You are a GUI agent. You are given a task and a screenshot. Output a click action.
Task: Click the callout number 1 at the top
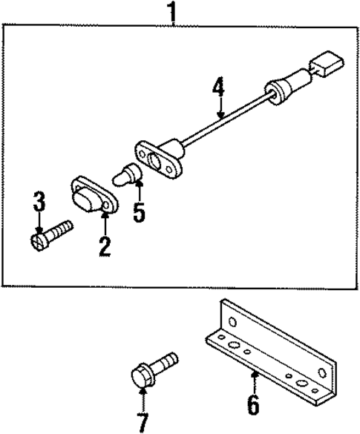[173, 12]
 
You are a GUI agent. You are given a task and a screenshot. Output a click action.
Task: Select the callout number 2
[105, 246]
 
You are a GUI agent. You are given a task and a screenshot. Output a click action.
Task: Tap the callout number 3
[39, 201]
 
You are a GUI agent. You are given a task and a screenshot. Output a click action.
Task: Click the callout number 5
[140, 212]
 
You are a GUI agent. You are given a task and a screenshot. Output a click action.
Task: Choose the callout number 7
[142, 422]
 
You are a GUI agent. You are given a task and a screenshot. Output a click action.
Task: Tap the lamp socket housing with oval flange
[159, 159]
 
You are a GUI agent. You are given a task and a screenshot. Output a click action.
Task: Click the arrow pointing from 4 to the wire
[219, 108]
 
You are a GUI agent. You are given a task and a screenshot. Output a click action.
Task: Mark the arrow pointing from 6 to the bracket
[254, 382]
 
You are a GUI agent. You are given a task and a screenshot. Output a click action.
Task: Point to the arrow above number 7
[141, 397]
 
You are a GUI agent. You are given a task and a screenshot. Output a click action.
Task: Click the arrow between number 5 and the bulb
[139, 194]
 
